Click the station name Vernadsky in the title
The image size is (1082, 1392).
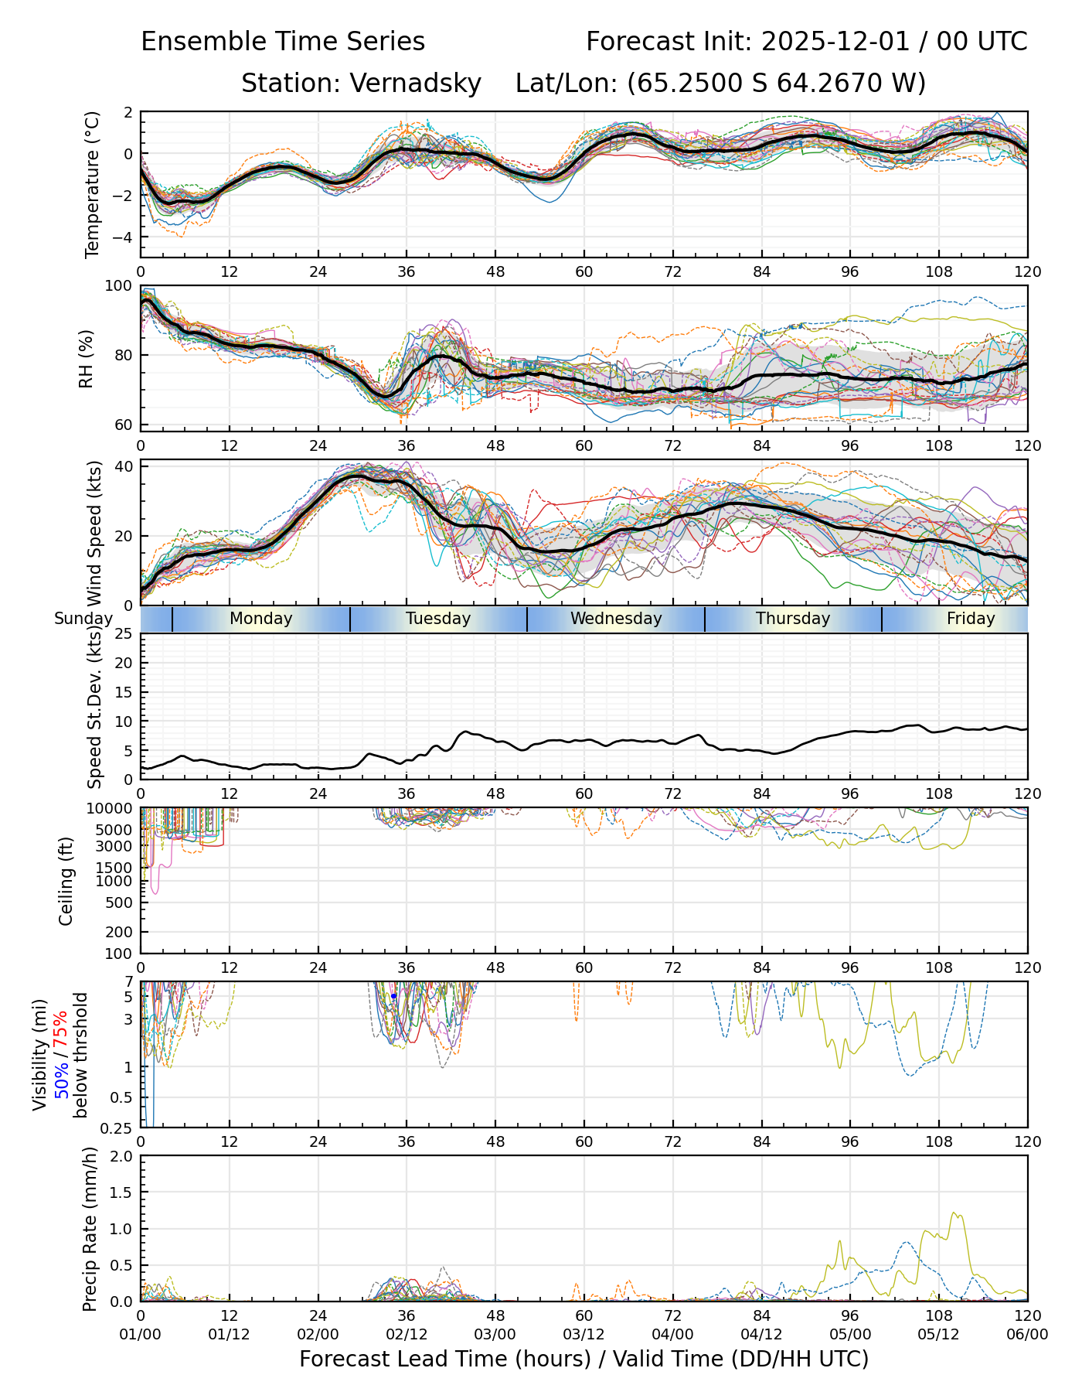coord(416,83)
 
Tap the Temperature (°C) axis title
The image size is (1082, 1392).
coord(93,184)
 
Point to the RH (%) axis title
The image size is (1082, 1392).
coord(86,358)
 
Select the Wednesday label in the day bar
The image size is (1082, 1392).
coord(616,619)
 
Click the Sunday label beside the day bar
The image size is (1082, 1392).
coord(83,619)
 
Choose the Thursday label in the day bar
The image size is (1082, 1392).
coord(793,619)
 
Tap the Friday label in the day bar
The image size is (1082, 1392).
coord(971,619)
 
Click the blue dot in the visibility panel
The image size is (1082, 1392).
coord(393,996)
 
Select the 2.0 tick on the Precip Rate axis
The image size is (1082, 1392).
coord(120,1156)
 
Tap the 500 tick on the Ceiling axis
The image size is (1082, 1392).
coord(120,902)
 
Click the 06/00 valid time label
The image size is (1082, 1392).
coord(1027,1335)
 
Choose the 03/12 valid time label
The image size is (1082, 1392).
coord(584,1335)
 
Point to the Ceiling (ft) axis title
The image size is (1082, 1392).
coord(66,882)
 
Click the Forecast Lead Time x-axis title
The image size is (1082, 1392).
coord(584,1359)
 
